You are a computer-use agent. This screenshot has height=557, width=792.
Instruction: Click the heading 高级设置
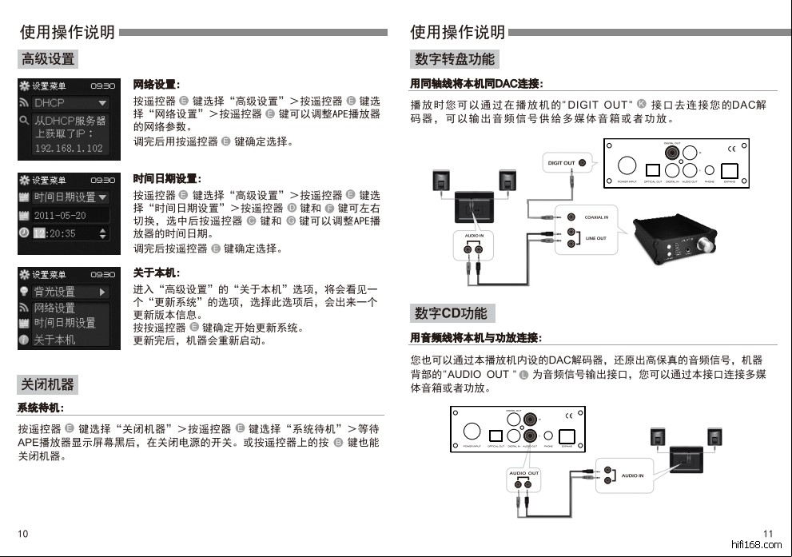pos(49,58)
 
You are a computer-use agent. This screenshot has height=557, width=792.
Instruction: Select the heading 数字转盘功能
pos(454,58)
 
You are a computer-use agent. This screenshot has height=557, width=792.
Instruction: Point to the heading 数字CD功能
pos(451,312)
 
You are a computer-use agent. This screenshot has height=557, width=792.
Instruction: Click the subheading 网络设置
pos(156,85)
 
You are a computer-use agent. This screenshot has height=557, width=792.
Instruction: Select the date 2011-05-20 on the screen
pos(60,216)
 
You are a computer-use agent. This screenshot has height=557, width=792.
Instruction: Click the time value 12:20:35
pos(55,233)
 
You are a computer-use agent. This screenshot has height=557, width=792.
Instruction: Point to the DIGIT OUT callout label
pos(561,163)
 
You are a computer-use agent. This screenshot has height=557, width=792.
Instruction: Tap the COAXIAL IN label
pos(596,217)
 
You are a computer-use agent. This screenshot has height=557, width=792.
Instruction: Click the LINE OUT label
pos(596,238)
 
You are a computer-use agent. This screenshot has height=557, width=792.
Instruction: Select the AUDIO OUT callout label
pos(524,473)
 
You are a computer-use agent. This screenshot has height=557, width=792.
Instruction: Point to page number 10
pos(23,534)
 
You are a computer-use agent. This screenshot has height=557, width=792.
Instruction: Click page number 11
pos(768,534)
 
